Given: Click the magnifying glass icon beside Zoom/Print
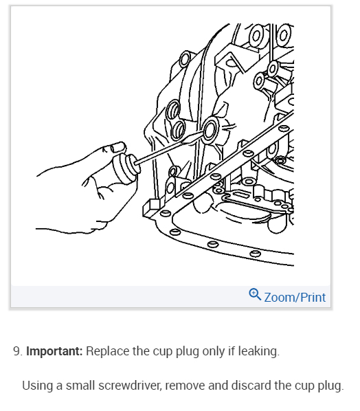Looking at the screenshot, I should point(255,295).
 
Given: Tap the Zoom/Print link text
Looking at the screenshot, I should point(295,298).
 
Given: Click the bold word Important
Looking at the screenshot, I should point(54,351).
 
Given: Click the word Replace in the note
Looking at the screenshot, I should point(111,351).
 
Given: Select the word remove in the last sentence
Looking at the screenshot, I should point(187,385).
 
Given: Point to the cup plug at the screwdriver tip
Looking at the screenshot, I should point(210,127).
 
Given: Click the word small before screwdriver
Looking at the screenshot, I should point(85,385).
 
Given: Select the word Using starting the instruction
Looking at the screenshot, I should point(37,385).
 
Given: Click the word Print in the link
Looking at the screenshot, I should point(313,298).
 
